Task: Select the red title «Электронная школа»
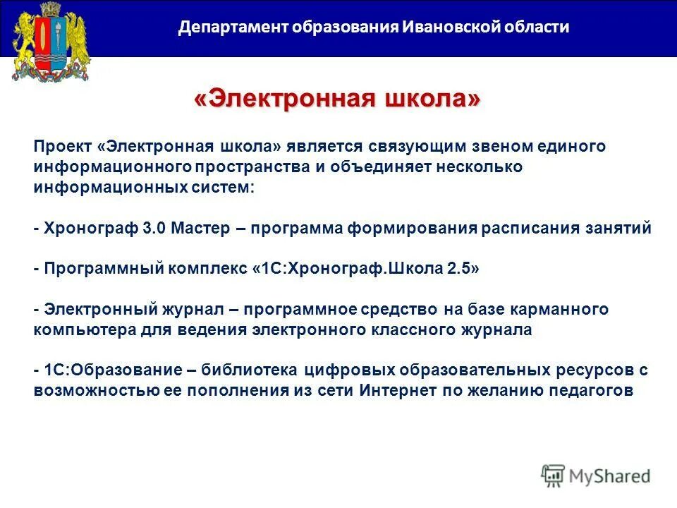[337, 99]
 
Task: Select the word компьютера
[78, 330]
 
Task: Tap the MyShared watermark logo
[596, 476]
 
